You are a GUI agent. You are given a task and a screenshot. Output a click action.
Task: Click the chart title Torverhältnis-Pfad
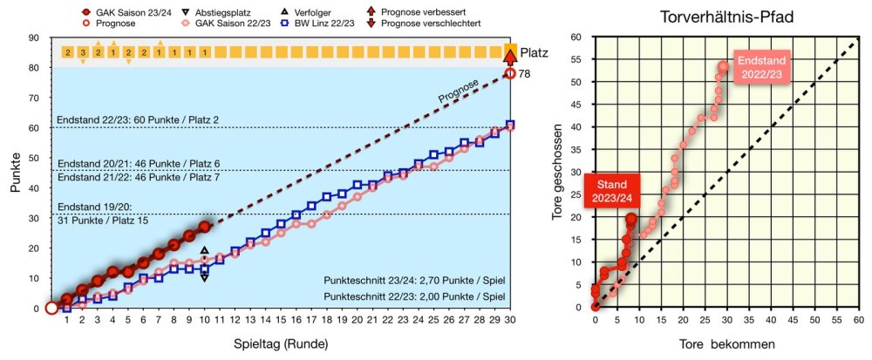pos(723,17)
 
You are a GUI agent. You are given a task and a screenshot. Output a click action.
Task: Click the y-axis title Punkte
pos(16,173)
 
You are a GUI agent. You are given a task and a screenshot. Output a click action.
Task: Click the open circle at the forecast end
pos(510,74)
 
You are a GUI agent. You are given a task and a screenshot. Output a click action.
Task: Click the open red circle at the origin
pos(51,308)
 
